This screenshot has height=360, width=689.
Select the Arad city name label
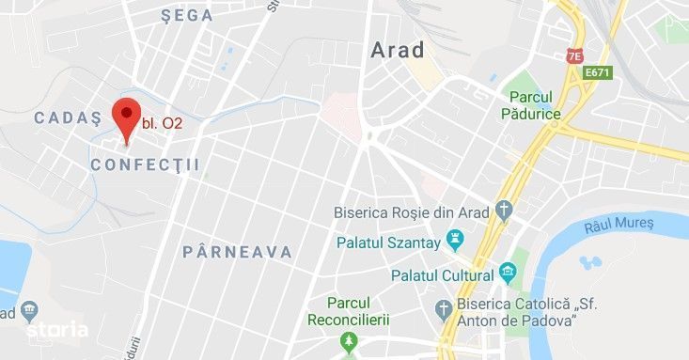[x=398, y=51]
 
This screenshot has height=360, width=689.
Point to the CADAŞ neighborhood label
[x=67, y=117]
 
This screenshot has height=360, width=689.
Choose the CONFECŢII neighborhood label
[x=146, y=164]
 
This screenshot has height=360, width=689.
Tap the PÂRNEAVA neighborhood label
[x=237, y=252]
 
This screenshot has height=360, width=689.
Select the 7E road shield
[x=574, y=56]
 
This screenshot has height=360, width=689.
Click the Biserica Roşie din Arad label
[x=412, y=212]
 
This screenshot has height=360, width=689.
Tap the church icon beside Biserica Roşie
[x=505, y=211]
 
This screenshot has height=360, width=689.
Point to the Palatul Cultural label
[x=442, y=275]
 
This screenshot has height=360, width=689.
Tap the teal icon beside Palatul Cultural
[x=509, y=274]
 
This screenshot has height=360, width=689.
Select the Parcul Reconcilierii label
[x=349, y=310]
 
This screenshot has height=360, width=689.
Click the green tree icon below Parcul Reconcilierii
[x=350, y=340]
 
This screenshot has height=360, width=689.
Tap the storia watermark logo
[x=58, y=330]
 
